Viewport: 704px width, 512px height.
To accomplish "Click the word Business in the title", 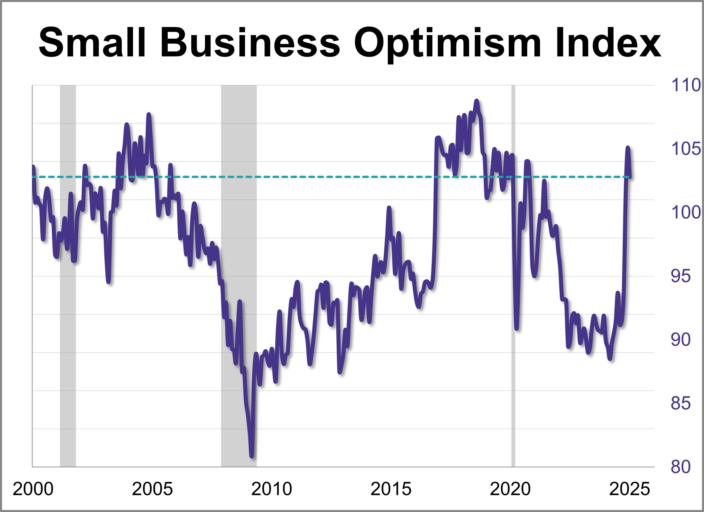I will tap(250, 43).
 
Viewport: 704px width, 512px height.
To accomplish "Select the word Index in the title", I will tap(608, 43).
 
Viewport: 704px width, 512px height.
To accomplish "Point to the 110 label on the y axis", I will tap(686, 85).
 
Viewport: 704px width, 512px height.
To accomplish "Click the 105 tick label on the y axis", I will tap(686, 149).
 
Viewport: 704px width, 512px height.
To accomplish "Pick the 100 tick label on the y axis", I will tap(686, 212).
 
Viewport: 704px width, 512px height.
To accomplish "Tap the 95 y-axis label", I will tap(680, 276).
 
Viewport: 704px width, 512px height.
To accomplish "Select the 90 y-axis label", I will tap(680, 340).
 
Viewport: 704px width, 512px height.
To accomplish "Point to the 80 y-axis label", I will tap(680, 467).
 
